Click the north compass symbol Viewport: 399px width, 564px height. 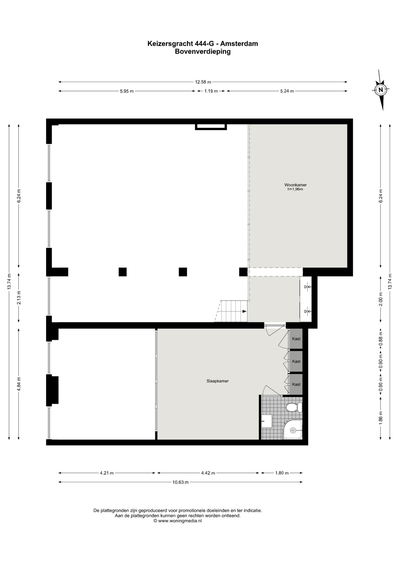click(381, 90)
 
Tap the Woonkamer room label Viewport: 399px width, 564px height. click(295, 185)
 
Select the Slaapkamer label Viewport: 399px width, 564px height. click(217, 381)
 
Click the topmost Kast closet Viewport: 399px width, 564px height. click(296, 339)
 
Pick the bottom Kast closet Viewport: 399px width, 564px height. click(296, 384)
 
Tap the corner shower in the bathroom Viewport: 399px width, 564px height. click(292, 430)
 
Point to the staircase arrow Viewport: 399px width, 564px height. click(244, 311)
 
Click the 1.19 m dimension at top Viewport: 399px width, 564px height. click(211, 91)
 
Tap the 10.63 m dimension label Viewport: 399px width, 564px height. click(180, 482)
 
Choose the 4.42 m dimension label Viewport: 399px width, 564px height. click(208, 473)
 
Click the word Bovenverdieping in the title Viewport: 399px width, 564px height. click(203, 52)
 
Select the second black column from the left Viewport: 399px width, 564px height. click(123, 272)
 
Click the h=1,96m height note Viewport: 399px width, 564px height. click(295, 189)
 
